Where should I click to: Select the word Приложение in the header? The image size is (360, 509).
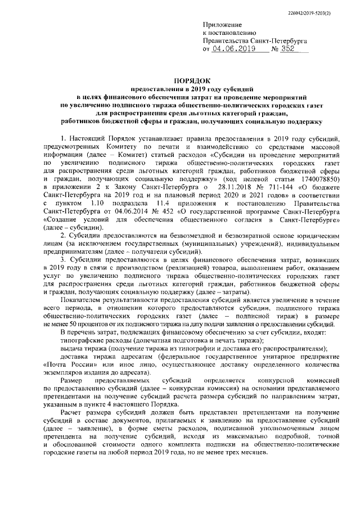pos(222,25)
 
